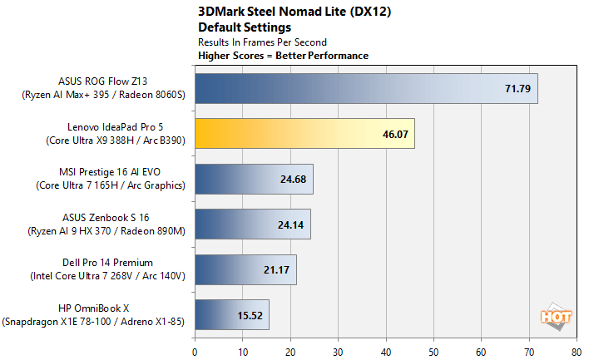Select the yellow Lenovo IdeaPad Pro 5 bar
[304, 133]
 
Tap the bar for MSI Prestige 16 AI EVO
[254, 179]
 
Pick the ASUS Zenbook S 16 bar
[252, 224]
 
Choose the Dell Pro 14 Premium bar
[245, 269]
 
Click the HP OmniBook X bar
[232, 314]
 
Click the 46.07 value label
[394, 133]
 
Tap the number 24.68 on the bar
[293, 179]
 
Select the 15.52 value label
[249, 314]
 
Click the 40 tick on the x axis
[386, 351]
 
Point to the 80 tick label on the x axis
[577, 351]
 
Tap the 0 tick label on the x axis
[195, 351]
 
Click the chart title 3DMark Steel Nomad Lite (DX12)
[283, 12]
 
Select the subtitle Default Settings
[236, 27]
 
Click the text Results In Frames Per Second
[262, 42]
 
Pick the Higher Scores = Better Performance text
[283, 56]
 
